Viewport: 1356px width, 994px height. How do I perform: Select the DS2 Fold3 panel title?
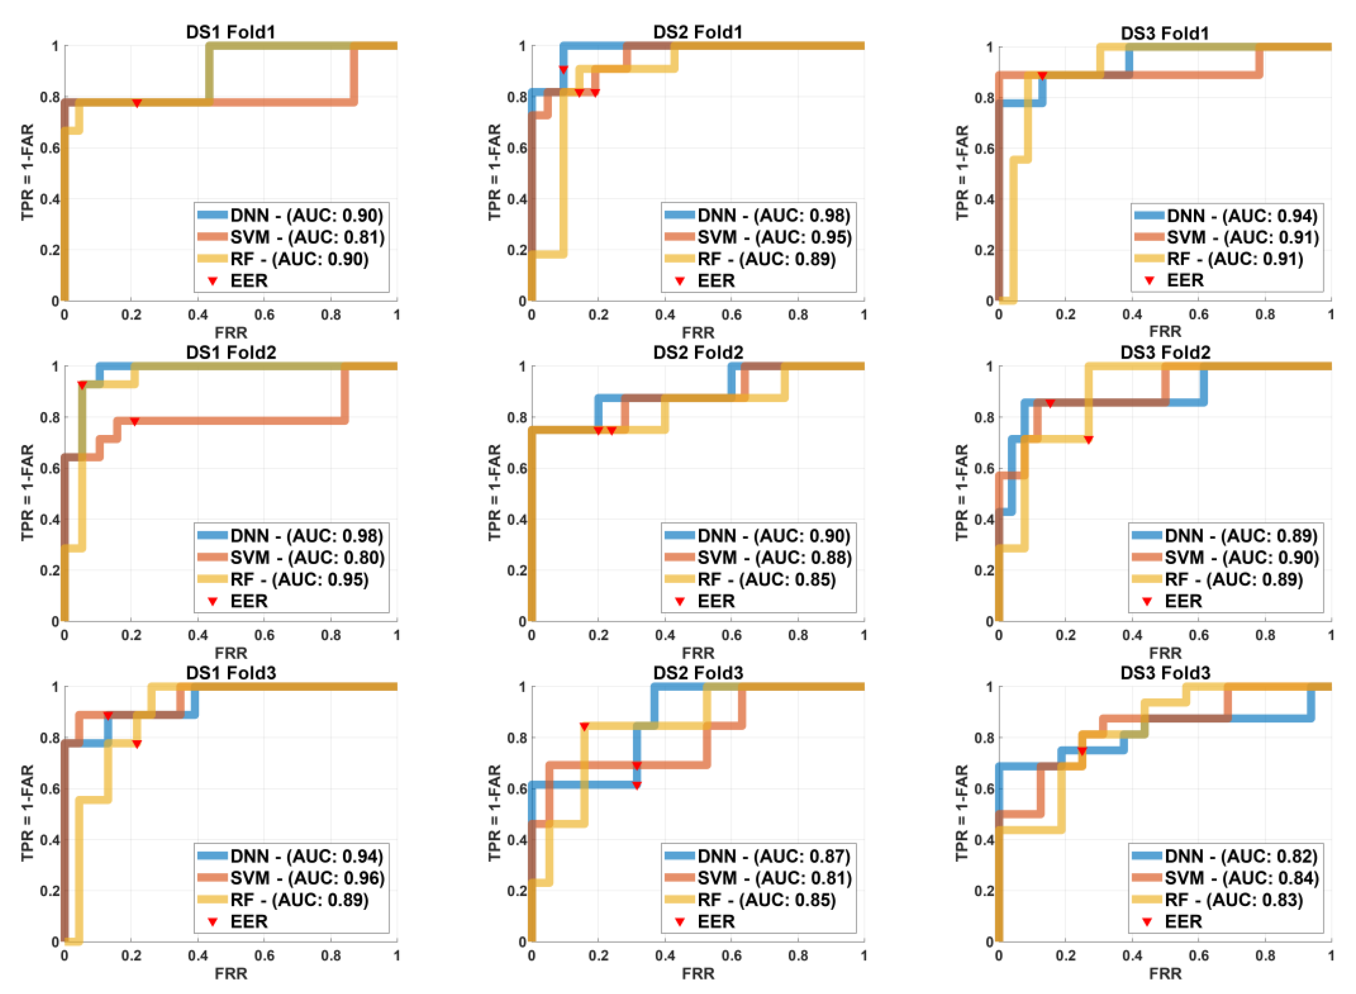click(x=698, y=673)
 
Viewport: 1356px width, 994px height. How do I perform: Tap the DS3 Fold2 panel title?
click(x=1165, y=352)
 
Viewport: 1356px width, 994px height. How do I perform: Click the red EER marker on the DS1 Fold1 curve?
click(x=137, y=104)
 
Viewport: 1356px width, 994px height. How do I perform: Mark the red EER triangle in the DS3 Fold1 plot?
click(x=1042, y=76)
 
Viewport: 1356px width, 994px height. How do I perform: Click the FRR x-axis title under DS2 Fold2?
click(x=698, y=653)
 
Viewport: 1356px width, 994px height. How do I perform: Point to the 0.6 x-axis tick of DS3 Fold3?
click(x=1199, y=956)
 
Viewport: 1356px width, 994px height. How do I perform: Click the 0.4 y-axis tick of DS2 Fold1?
click(x=519, y=199)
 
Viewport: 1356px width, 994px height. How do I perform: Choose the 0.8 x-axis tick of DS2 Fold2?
click(x=798, y=635)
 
